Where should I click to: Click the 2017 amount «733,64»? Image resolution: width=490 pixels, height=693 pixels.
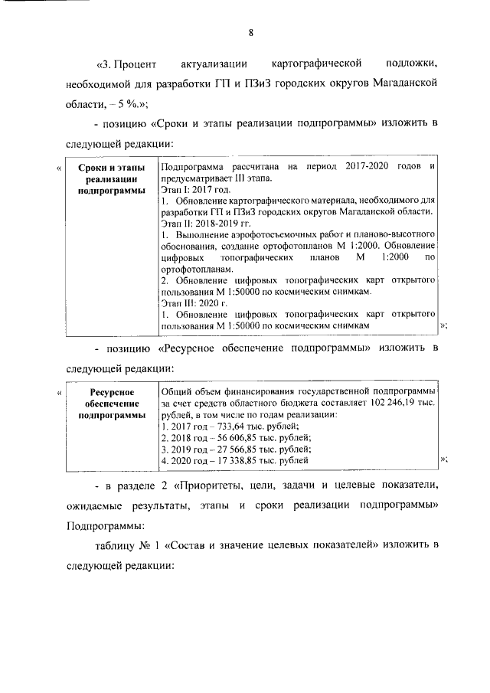pos(222,426)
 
